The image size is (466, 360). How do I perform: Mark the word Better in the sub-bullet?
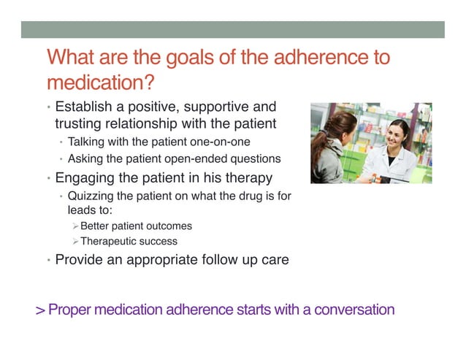94,226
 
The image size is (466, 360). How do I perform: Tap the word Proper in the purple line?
70,310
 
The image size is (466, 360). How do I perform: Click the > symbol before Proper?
41,310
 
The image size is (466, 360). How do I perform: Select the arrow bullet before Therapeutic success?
75,241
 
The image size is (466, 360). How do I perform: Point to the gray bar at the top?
232,28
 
